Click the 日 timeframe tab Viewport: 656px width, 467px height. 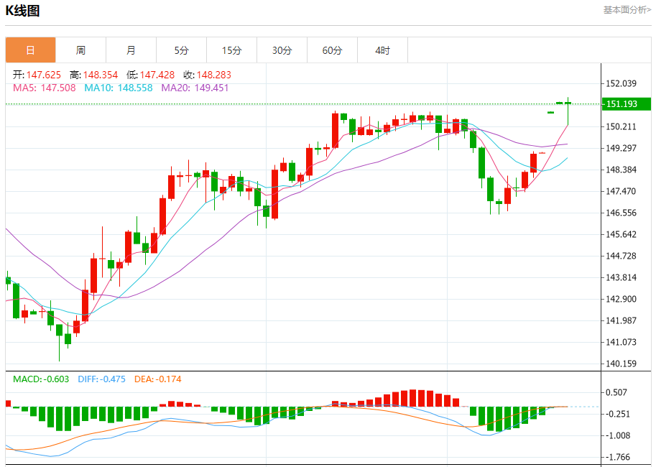click(30, 50)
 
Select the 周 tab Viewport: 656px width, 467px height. click(80, 50)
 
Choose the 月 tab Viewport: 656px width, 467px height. click(131, 50)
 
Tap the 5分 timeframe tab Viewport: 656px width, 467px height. click(181, 50)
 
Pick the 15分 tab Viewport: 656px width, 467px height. click(231, 50)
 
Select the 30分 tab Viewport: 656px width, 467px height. click(282, 50)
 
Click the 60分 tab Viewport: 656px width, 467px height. click(332, 50)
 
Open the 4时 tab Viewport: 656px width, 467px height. click(382, 50)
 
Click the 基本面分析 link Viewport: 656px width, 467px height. click(627, 10)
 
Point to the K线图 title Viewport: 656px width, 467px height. click(23, 11)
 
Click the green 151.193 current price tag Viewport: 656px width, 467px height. click(625, 104)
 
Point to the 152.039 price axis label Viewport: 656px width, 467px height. click(622, 83)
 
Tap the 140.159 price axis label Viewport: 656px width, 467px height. click(622, 364)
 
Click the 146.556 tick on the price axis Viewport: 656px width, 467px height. click(622, 213)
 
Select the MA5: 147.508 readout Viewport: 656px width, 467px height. click(45, 88)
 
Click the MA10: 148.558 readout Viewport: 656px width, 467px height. click(119, 88)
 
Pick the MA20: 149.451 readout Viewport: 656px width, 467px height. click(195, 88)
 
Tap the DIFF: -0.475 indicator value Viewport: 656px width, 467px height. click(101, 379)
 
